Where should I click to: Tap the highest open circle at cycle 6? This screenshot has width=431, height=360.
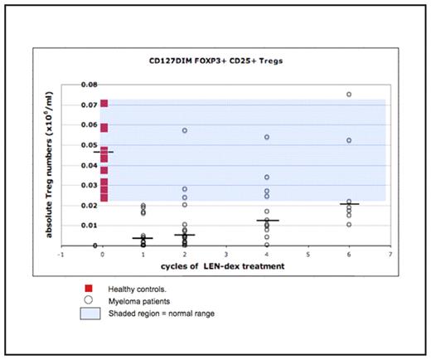(x=349, y=95)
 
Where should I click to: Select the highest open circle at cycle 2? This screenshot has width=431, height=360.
(x=185, y=131)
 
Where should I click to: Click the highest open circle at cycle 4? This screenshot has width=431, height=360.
(x=267, y=138)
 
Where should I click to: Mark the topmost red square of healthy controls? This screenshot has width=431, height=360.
(x=104, y=104)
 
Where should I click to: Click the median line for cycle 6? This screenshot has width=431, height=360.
(x=349, y=204)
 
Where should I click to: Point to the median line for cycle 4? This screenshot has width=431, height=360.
(x=267, y=221)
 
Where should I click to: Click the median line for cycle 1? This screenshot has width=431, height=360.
(x=144, y=239)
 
